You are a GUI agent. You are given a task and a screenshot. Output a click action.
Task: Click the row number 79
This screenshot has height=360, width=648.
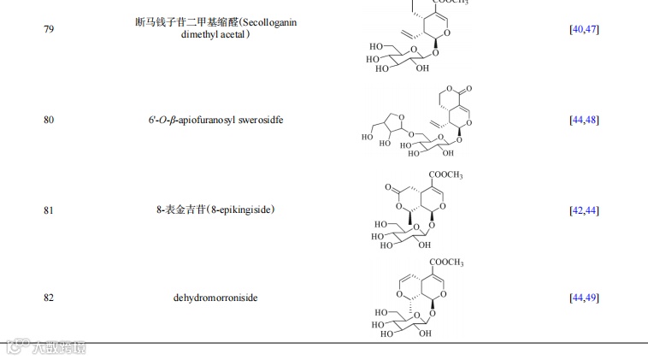(48, 29)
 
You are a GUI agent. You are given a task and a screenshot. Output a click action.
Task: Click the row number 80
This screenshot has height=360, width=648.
(48, 120)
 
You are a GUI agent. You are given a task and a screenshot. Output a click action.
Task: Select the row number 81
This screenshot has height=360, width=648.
(48, 210)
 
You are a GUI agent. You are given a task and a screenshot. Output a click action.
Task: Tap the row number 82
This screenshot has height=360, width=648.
(48, 298)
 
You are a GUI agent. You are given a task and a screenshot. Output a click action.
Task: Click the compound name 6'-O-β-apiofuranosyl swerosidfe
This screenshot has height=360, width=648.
(215, 120)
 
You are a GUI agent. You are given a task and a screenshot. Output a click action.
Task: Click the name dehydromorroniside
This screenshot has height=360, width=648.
(215, 298)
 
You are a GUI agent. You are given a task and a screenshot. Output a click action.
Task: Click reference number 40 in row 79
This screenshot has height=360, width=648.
(578, 29)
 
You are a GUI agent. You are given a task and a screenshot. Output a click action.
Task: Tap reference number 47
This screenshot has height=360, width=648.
(591, 29)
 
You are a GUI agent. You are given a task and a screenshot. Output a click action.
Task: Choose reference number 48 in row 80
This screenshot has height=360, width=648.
(591, 120)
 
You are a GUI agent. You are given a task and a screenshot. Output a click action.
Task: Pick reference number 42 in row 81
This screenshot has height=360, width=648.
(578, 210)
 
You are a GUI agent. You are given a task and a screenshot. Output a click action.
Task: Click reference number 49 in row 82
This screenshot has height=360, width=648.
(591, 298)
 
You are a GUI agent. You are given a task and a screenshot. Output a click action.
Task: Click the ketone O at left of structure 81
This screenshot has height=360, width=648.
(388, 186)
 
